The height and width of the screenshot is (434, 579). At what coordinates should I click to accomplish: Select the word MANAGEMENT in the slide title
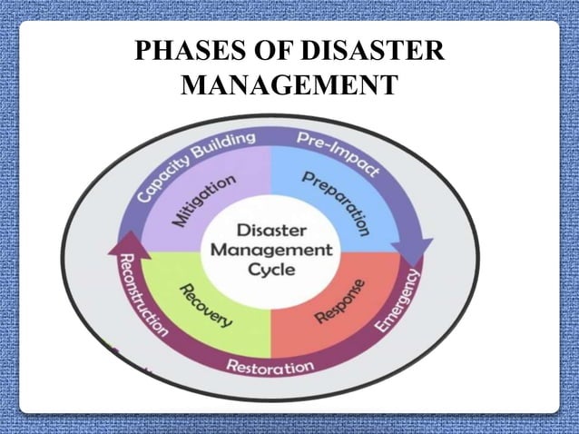point(289,88)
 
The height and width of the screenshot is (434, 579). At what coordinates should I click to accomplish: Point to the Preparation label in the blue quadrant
point(335,202)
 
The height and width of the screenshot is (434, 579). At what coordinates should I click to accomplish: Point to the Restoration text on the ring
point(270,367)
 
